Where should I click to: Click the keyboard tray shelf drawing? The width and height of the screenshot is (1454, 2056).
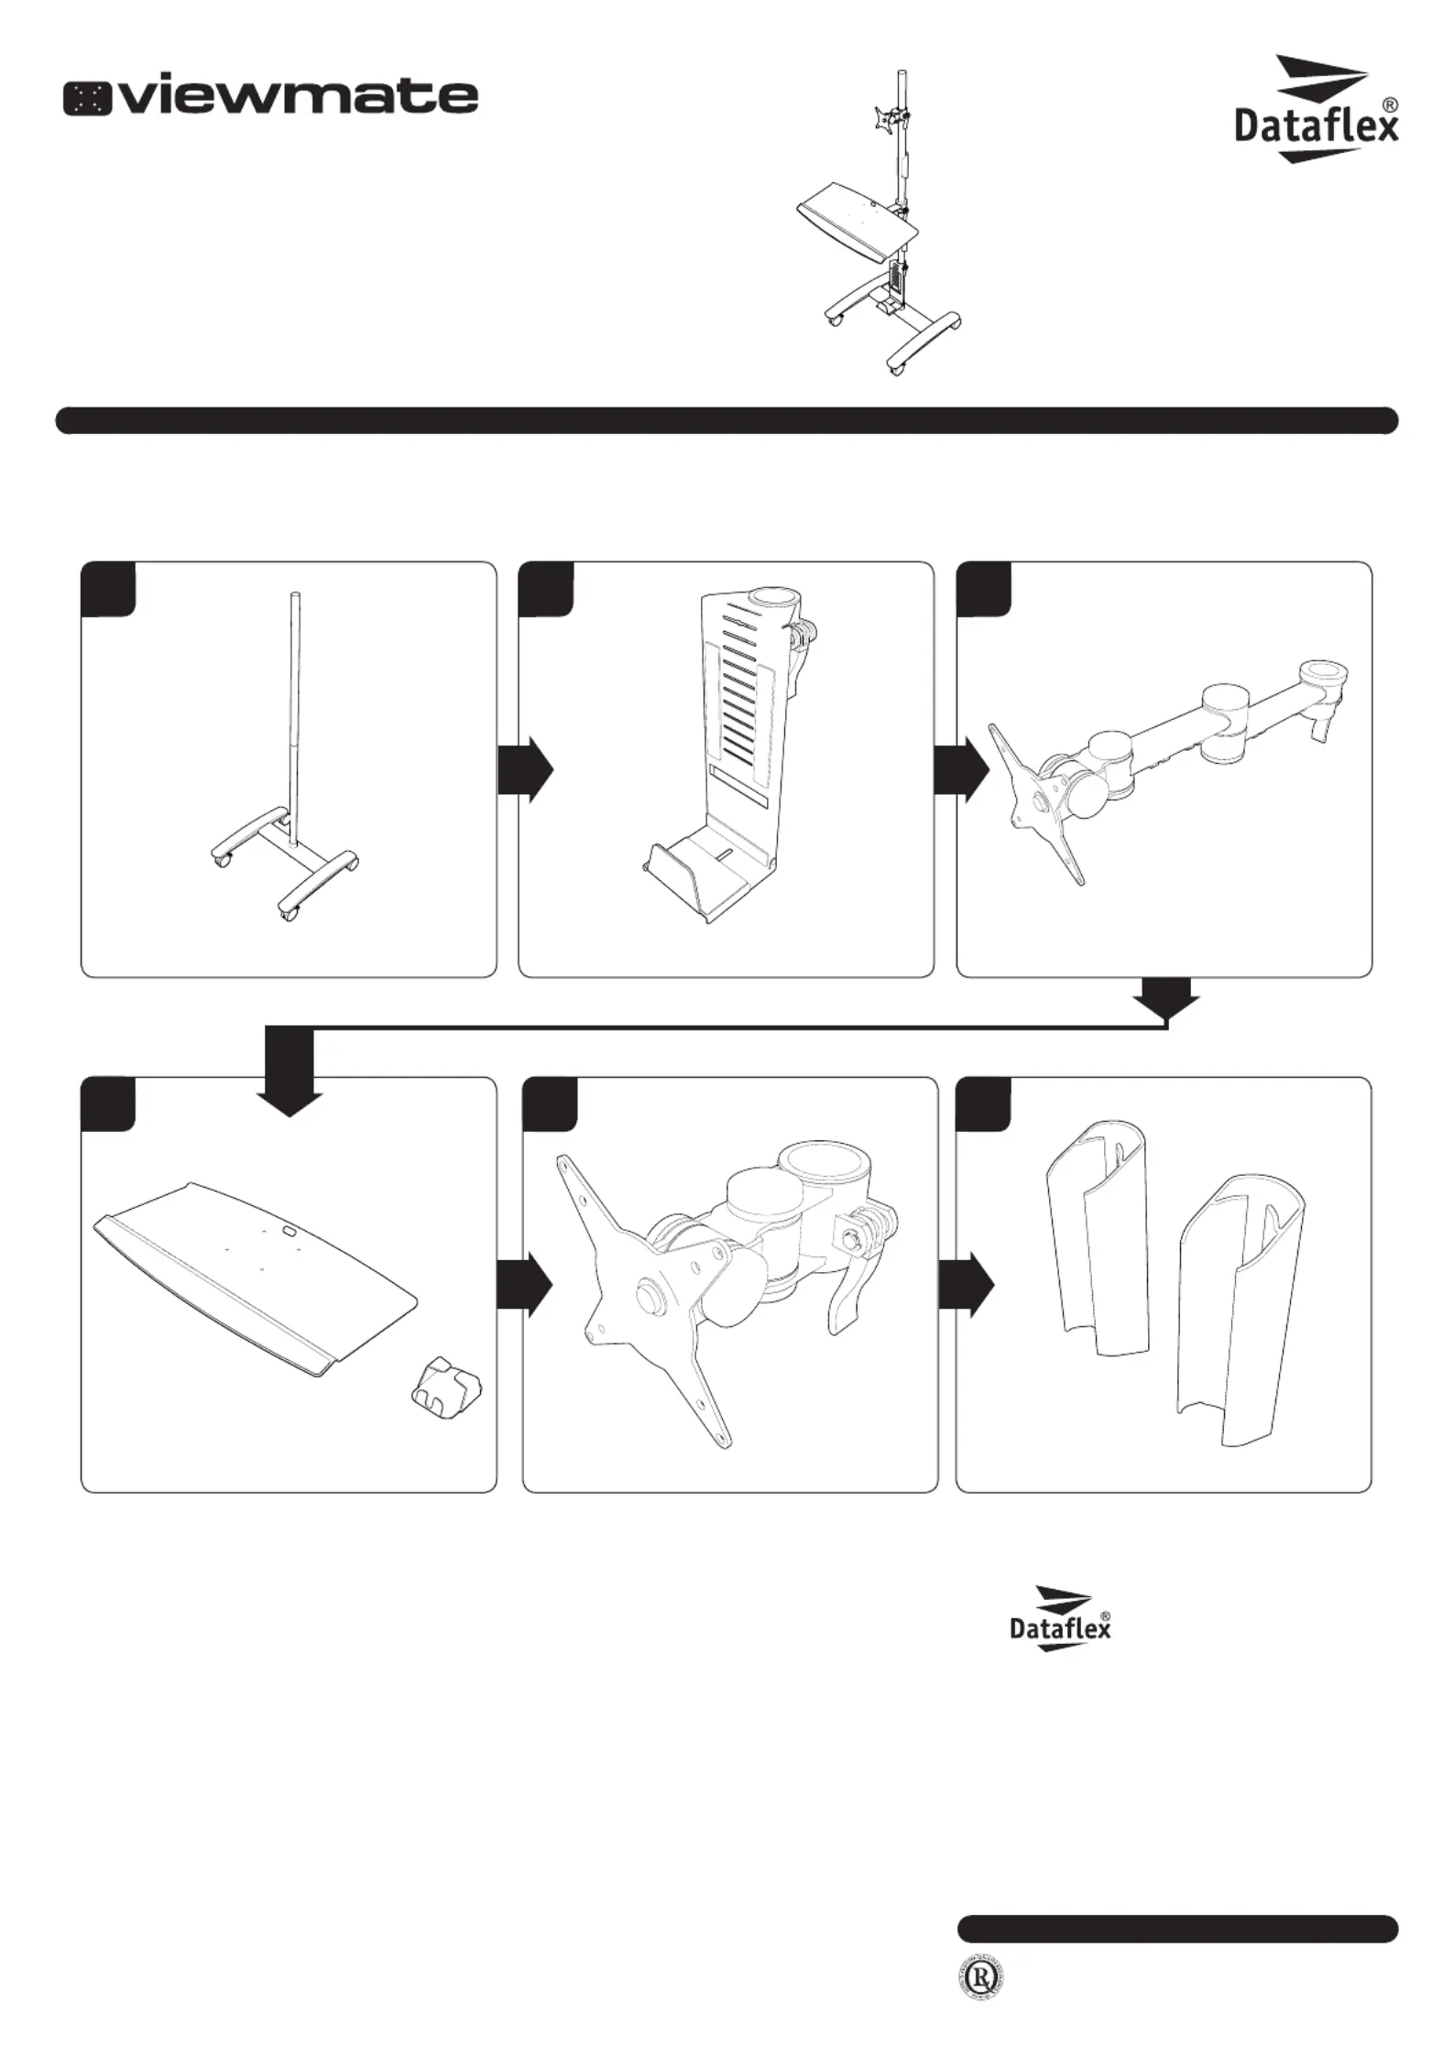(x=257, y=1273)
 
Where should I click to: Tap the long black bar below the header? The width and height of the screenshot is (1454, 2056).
(x=727, y=420)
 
